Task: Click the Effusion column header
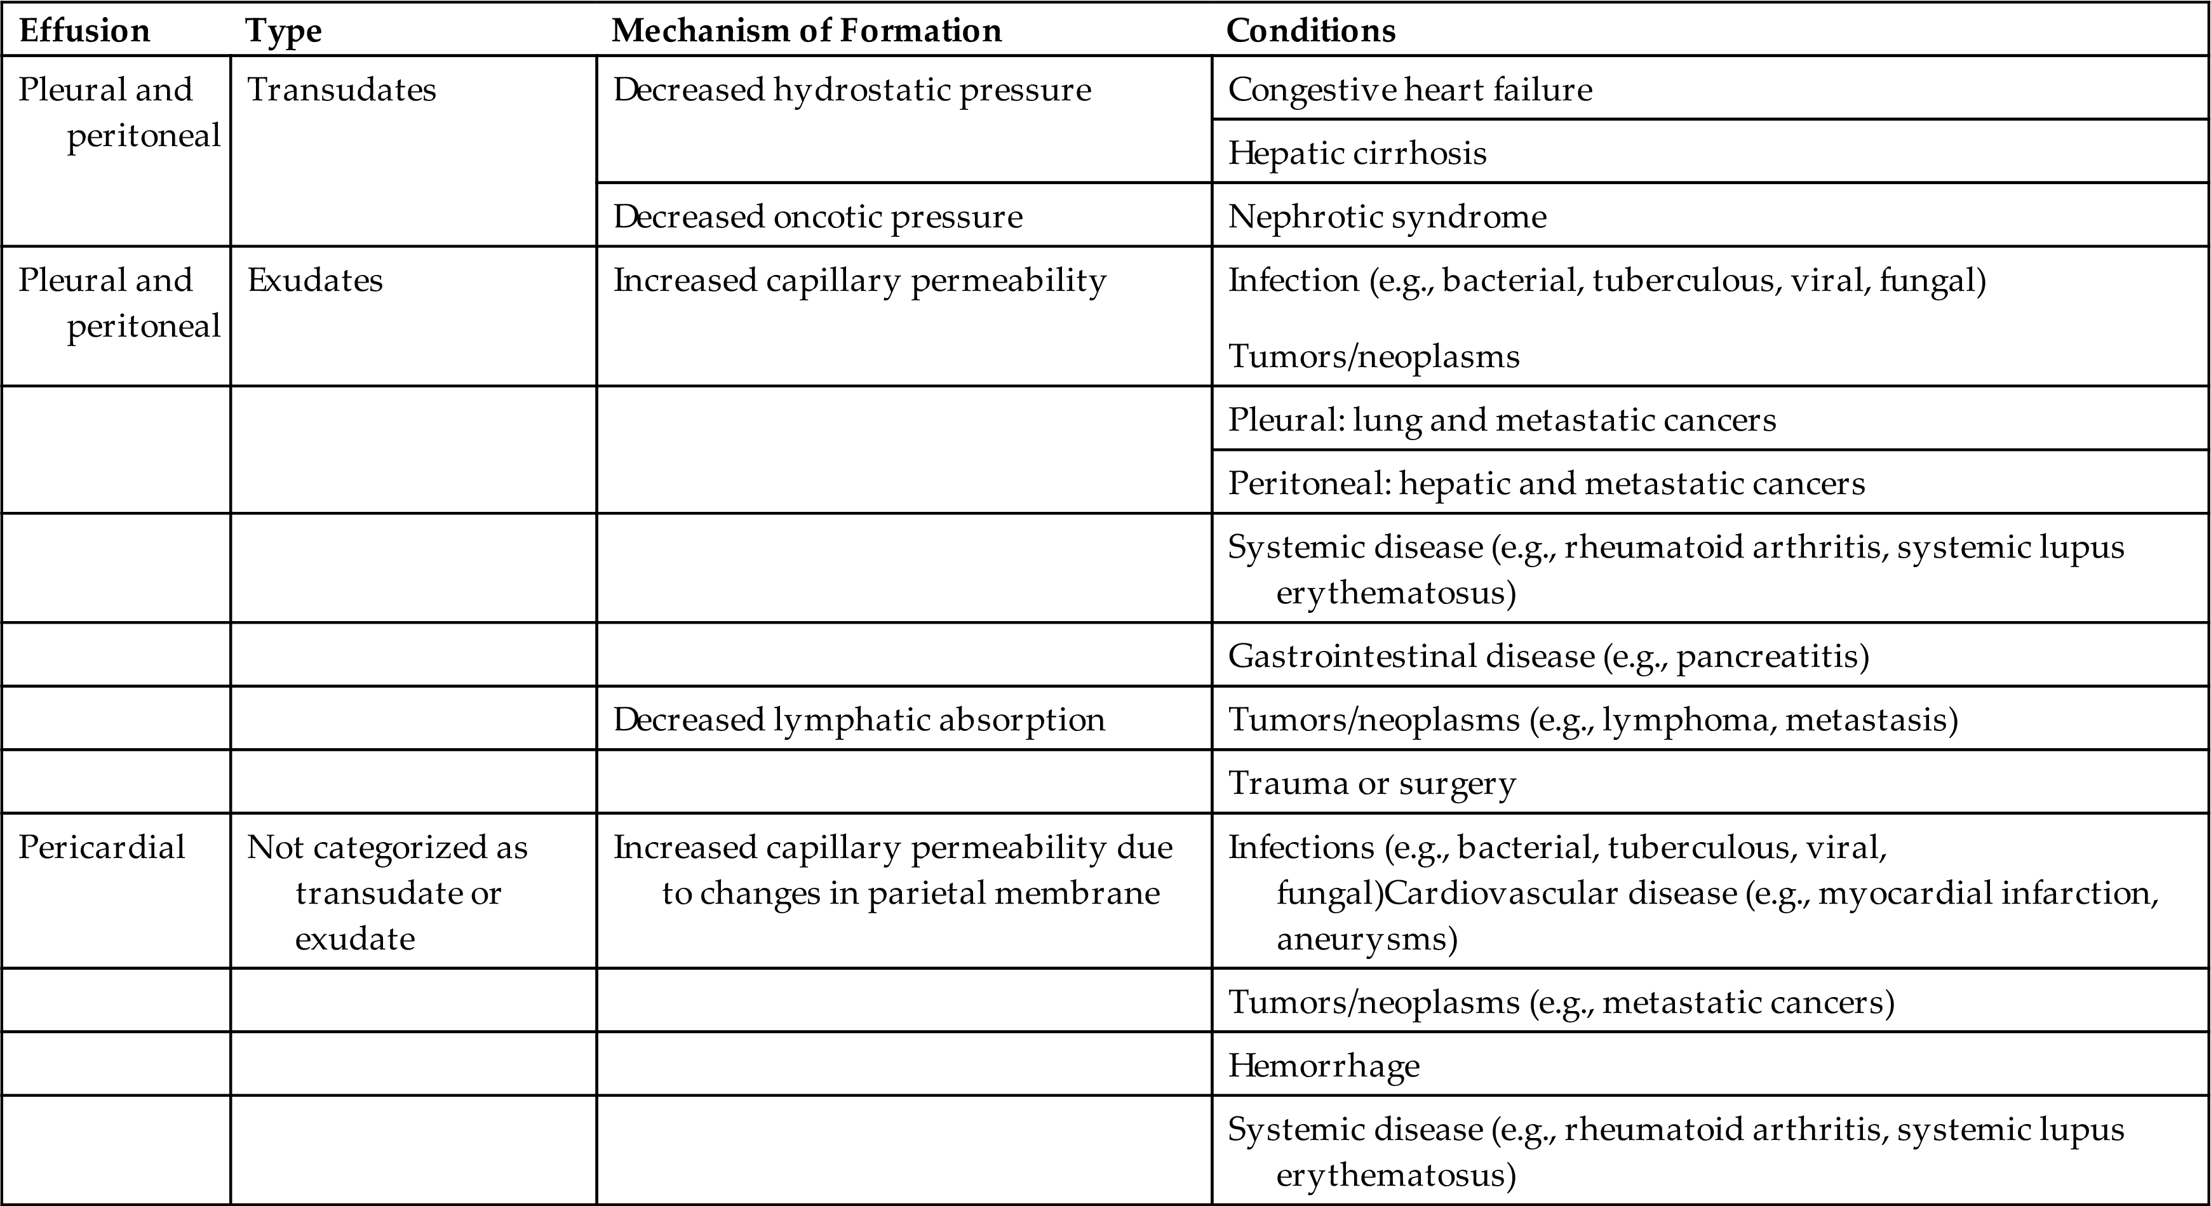tap(84, 31)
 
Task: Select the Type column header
tap(284, 31)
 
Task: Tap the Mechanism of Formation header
tap(806, 31)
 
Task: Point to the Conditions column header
tap(1310, 31)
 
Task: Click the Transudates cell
tap(342, 90)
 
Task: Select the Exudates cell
tap(315, 281)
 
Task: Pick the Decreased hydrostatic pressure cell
tap(852, 90)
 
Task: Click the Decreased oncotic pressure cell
tap(817, 217)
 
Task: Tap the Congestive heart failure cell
tap(1409, 90)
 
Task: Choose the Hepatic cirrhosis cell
tap(1357, 154)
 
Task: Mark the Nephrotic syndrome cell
tap(1387, 217)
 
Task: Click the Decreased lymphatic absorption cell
tap(858, 720)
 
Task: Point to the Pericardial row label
tap(101, 847)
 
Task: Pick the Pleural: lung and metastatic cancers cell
tap(1502, 420)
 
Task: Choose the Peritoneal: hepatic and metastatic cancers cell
tap(1546, 483)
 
